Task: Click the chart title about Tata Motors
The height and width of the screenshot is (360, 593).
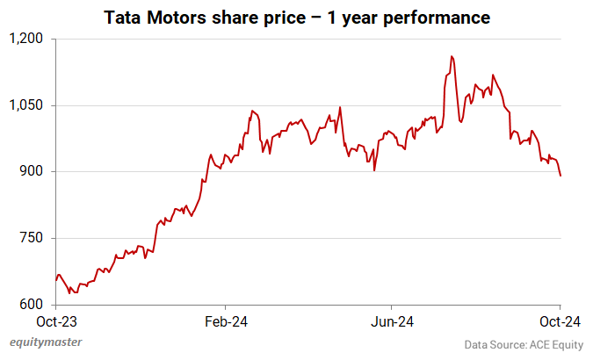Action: pyautogui.click(x=296, y=17)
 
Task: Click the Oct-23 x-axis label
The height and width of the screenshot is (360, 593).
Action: pyautogui.click(x=57, y=321)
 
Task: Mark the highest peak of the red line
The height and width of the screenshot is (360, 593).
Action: pyautogui.click(x=452, y=56)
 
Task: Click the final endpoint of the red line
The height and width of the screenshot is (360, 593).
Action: pyautogui.click(x=560, y=176)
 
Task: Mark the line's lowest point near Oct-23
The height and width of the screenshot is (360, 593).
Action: pyautogui.click(x=72, y=292)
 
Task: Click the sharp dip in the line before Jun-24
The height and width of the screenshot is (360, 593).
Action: pyautogui.click(x=374, y=169)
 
